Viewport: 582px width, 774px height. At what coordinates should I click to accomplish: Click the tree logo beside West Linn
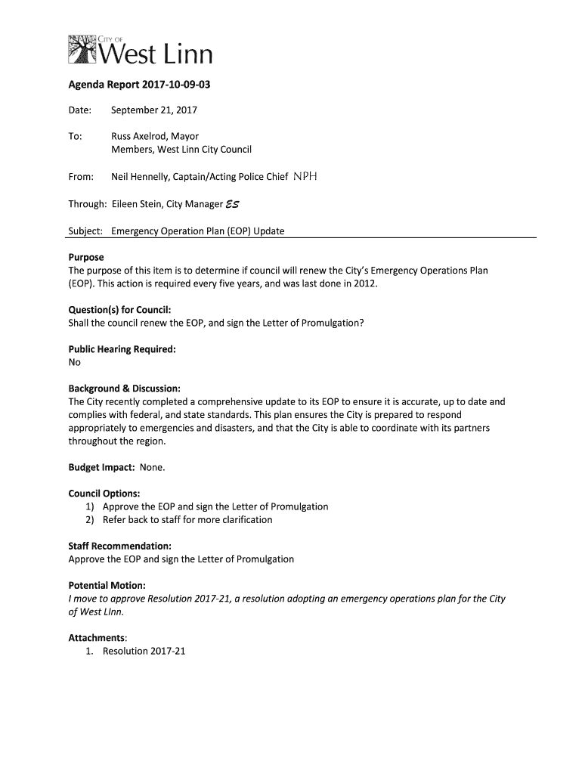pyautogui.click(x=82, y=49)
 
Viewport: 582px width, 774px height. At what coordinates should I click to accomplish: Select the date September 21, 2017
pyautogui.click(x=154, y=110)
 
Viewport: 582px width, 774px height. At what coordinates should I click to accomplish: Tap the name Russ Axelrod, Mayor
pyautogui.click(x=155, y=137)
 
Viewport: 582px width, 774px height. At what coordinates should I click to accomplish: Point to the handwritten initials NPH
pyautogui.click(x=305, y=177)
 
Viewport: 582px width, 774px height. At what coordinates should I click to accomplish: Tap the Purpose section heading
pyautogui.click(x=86, y=257)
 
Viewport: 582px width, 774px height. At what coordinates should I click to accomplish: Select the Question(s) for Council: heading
pyautogui.click(x=119, y=310)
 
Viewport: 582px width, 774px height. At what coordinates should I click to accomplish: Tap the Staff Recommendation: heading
pyautogui.click(x=119, y=546)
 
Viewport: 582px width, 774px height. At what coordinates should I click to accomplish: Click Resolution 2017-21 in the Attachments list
pyautogui.click(x=144, y=651)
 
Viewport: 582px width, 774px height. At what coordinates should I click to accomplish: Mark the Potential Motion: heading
pyautogui.click(x=107, y=585)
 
